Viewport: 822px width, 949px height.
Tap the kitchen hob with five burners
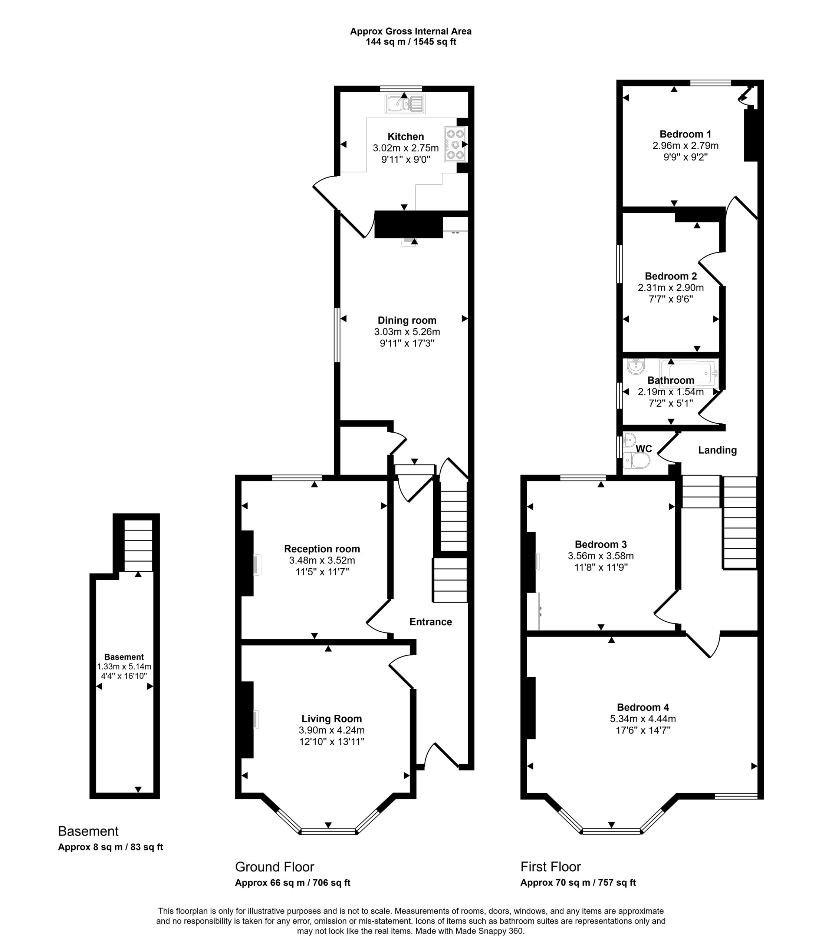point(455,145)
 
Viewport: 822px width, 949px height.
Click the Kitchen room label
point(406,137)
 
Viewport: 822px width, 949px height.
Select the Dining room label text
point(407,320)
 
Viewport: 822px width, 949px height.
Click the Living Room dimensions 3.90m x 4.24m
point(332,730)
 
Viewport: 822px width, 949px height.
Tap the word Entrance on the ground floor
point(431,622)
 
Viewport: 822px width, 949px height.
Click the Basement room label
point(124,657)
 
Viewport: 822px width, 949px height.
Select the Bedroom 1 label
point(685,134)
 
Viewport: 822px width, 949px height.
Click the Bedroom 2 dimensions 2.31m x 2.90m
point(671,288)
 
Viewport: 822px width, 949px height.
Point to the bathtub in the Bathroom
point(688,374)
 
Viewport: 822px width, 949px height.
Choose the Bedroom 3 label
point(601,544)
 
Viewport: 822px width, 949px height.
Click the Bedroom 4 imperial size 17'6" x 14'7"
point(643,730)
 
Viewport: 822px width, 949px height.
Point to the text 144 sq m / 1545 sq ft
point(411,42)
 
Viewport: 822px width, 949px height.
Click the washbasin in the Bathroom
point(636,366)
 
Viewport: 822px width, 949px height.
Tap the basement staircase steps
point(138,546)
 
